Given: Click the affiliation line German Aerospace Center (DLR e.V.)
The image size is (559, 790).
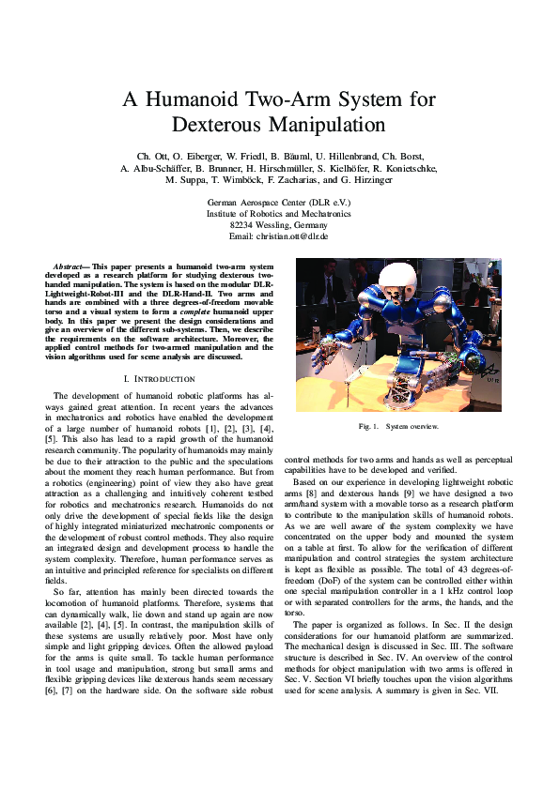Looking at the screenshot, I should tap(278, 202).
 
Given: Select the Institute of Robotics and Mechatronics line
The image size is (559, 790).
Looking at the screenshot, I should tap(278, 213).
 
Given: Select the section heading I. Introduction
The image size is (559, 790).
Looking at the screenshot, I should tap(159, 378).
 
